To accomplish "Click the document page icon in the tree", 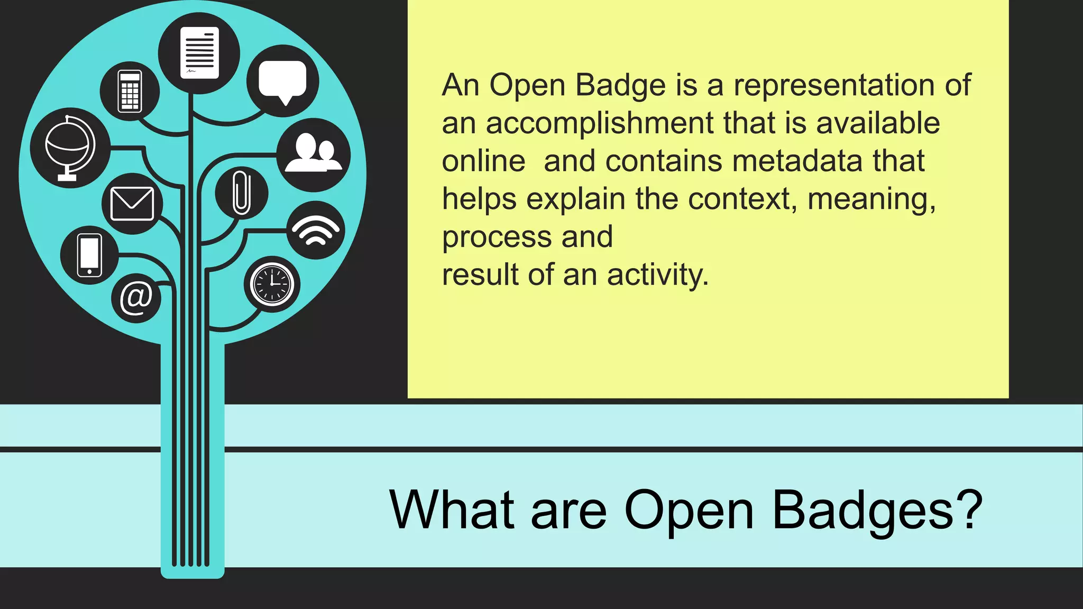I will pyautogui.click(x=199, y=53).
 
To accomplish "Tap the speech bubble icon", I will pyautogui.click(x=282, y=81).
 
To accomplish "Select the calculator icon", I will pyautogui.click(x=130, y=91).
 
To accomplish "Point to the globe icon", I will pyautogui.click(x=70, y=147).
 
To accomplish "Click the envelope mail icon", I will pyautogui.click(x=132, y=204).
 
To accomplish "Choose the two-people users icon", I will pyautogui.click(x=314, y=154).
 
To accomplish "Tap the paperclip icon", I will pyautogui.click(x=242, y=192).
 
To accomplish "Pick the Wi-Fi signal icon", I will pyautogui.click(x=316, y=230).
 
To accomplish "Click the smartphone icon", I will pyautogui.click(x=89, y=255).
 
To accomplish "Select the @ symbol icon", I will pyautogui.click(x=136, y=298).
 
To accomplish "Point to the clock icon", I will pyautogui.click(x=272, y=284).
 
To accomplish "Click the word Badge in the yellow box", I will pyautogui.click(x=620, y=86).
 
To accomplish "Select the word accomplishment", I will pyautogui.click(x=600, y=124).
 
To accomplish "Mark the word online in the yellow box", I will pyautogui.click(x=483, y=161).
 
